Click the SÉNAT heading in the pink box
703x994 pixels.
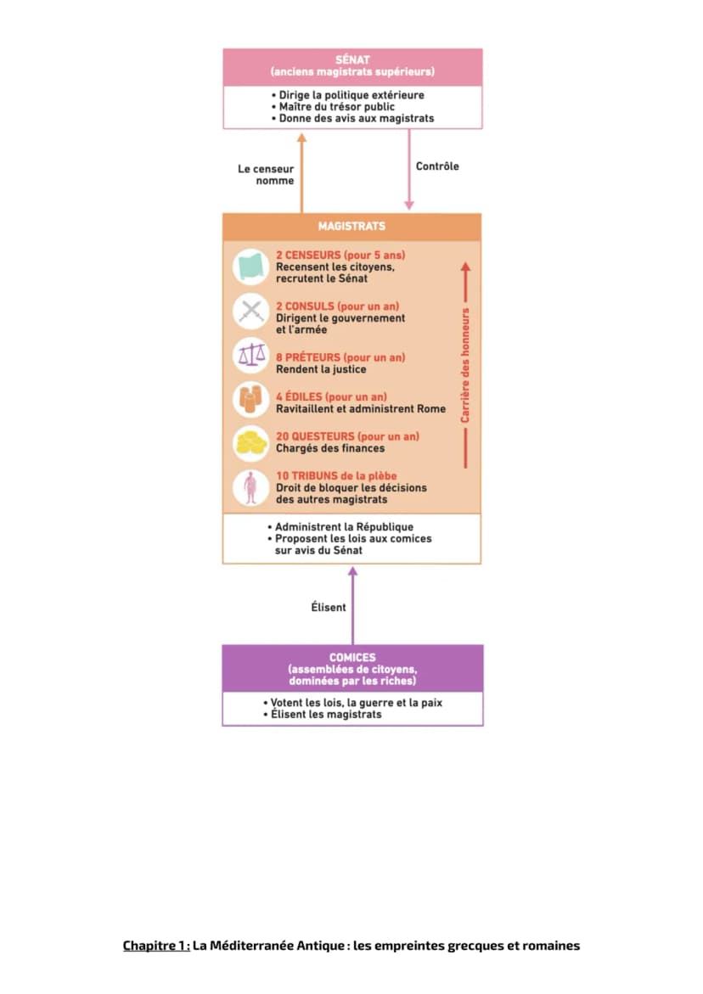352,59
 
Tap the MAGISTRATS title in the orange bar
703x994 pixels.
351,227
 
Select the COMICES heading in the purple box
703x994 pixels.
352,657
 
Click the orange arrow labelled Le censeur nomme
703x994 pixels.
301,172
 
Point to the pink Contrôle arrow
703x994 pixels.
409,169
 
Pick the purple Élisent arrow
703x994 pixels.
353,605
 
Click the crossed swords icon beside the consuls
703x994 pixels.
251,312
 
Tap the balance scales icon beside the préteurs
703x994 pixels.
251,357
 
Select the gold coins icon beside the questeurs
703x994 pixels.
251,442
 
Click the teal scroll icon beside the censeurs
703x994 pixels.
251,267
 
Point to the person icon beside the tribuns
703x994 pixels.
251,487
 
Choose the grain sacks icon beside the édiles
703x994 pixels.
251,399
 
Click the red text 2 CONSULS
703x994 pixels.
305,306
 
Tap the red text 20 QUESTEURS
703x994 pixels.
315,437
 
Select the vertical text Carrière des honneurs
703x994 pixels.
465,366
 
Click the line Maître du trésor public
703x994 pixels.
336,106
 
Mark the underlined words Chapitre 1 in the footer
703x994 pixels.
156,946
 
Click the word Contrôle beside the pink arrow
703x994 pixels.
437,166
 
